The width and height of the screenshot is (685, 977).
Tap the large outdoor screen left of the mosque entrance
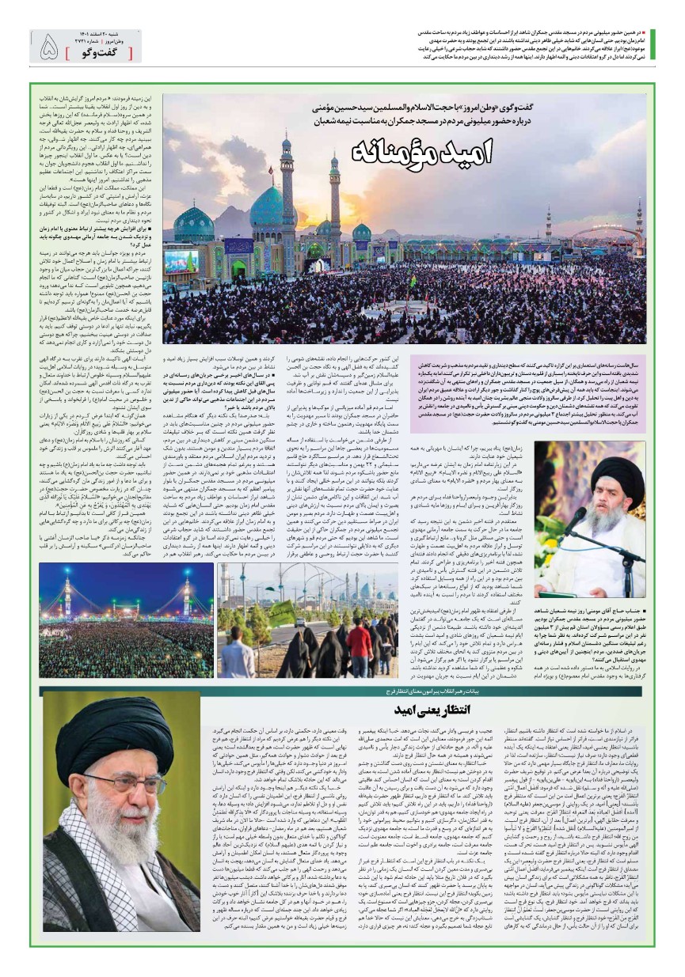(x=181, y=262)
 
